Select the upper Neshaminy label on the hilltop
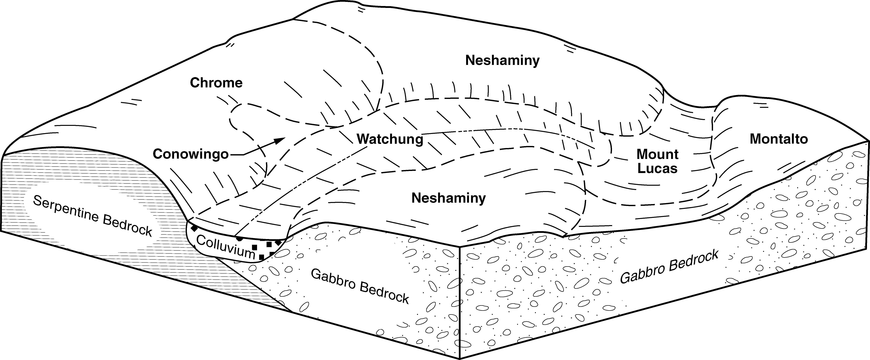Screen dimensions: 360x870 (x=502, y=61)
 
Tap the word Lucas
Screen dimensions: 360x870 (x=657, y=168)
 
